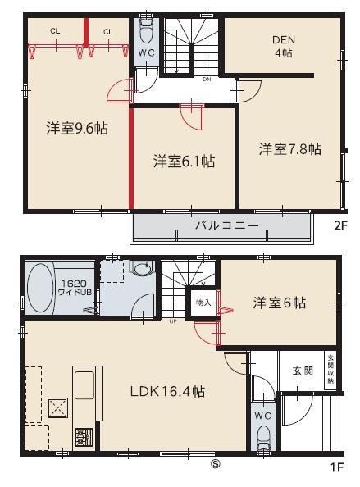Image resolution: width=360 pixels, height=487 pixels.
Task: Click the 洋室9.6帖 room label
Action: point(77,128)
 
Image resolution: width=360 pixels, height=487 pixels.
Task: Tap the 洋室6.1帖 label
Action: point(184,162)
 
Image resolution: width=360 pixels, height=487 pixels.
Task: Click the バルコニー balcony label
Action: point(226,225)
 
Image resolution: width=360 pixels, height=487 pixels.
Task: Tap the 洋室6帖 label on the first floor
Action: point(280,302)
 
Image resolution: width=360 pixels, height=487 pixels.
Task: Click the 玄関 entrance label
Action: point(303,371)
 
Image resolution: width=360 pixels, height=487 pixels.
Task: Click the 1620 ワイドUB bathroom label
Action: point(76,288)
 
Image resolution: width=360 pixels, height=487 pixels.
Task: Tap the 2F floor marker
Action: point(339,230)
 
